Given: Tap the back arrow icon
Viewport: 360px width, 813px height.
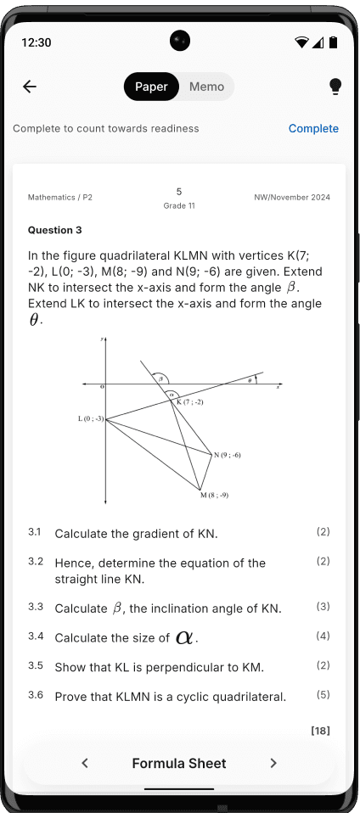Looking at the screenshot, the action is point(30,87).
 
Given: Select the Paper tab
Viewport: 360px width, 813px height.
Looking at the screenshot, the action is point(151,87).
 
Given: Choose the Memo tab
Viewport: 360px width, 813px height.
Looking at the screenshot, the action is point(206,87).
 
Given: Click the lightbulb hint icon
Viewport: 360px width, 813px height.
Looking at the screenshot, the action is point(335,87).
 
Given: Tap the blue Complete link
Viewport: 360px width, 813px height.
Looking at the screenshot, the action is point(313,129).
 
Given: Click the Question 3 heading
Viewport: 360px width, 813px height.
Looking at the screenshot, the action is point(55,230).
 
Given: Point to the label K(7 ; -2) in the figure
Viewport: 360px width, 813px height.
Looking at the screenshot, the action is point(191,401).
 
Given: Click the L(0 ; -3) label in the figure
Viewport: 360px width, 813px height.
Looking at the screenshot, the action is point(90,418).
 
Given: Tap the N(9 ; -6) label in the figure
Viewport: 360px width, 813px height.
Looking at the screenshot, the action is point(228,455).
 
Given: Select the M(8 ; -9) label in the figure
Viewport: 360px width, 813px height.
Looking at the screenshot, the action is point(214,495).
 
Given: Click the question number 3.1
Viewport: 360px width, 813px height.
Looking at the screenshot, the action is point(35,532).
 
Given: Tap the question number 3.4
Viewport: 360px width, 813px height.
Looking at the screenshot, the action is point(35,636).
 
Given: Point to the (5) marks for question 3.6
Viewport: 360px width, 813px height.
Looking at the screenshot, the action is point(323,694).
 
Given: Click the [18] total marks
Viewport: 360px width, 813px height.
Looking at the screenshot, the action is point(320,730).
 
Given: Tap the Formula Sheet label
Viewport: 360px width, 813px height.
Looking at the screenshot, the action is point(179,763).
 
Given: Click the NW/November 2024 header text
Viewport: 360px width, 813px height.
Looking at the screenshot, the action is point(292,198).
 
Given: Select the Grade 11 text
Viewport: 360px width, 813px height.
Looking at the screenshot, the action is point(179,206).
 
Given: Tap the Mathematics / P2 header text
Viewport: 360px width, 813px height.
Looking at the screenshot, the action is point(60,198).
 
